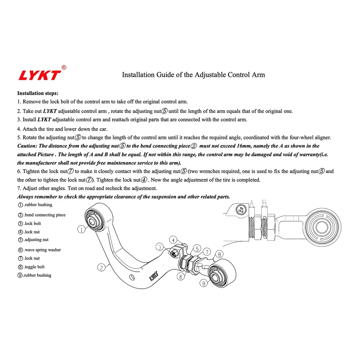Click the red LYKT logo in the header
tap(39, 75)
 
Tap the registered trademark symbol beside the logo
tap(64, 67)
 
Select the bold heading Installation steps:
tap(38, 93)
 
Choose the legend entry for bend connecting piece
tap(42, 215)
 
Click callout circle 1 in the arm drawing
tap(81, 228)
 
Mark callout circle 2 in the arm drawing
tap(101, 267)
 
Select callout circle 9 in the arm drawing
tap(204, 283)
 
